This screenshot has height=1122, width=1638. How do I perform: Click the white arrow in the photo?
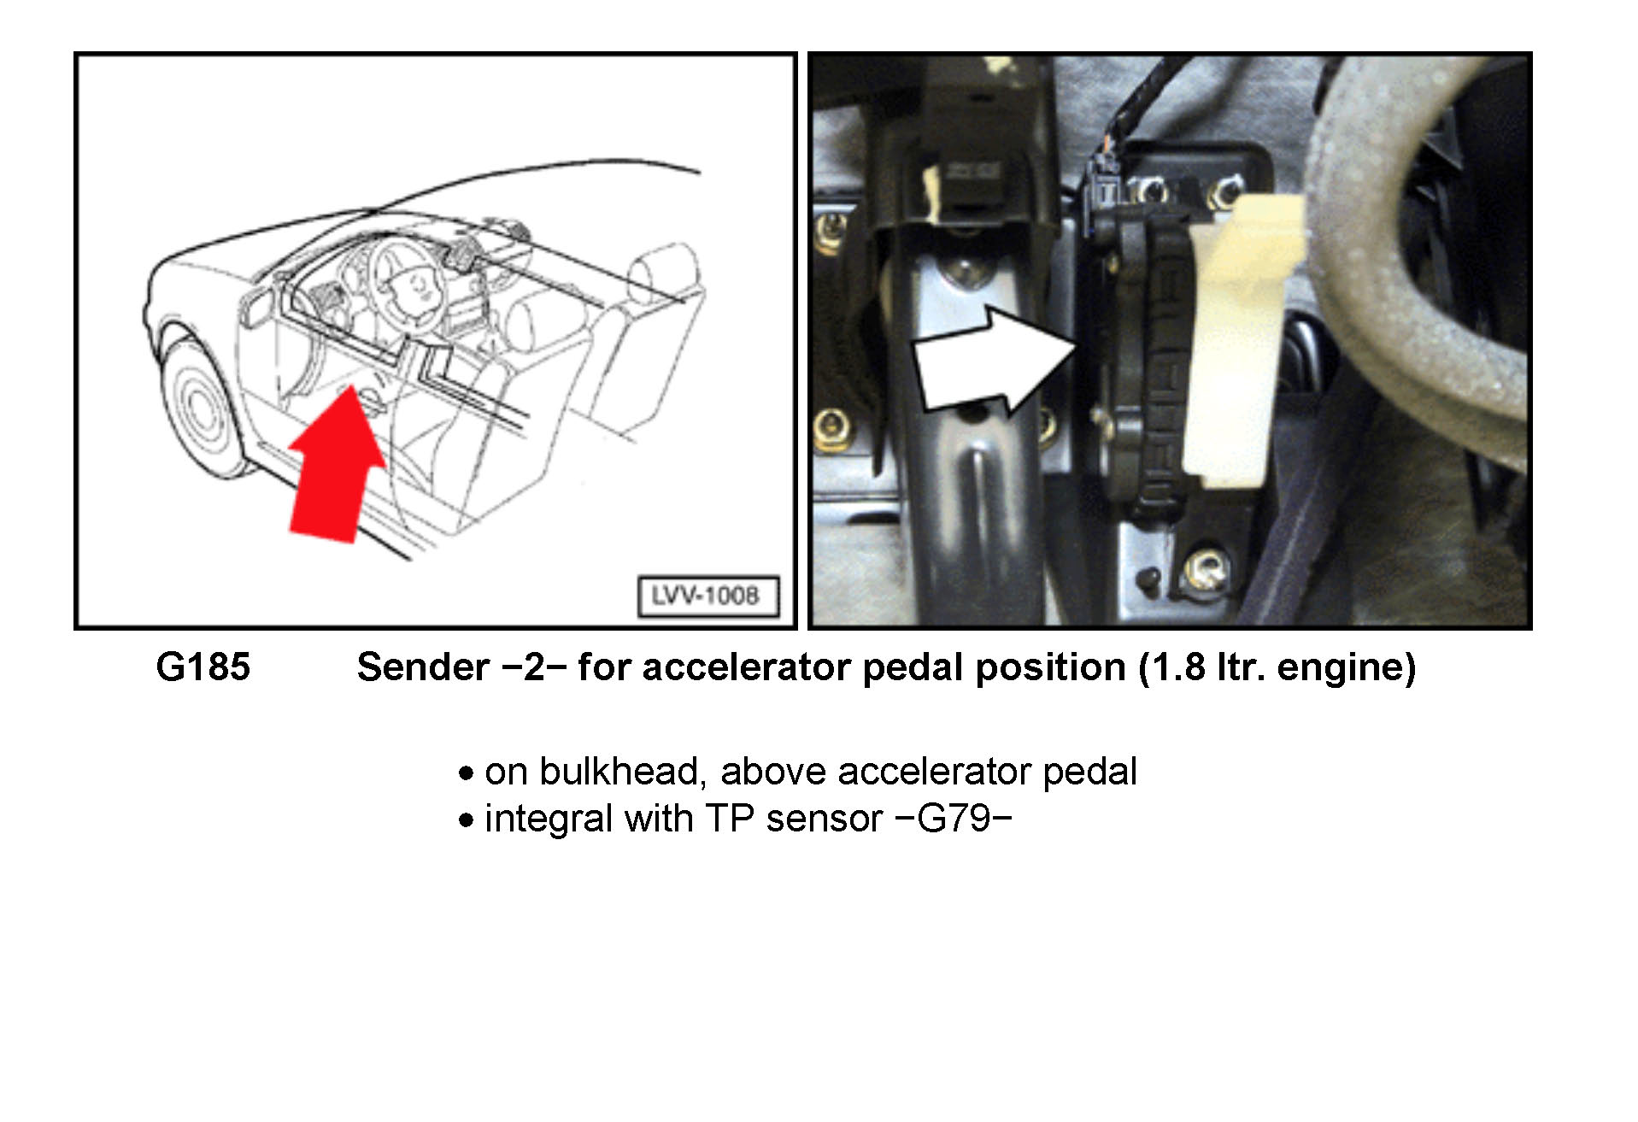991,360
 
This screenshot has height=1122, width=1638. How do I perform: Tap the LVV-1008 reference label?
707,596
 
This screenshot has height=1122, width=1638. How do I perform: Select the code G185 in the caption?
203,667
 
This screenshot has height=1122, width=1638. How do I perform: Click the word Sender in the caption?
422,667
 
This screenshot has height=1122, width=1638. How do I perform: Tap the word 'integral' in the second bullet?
547,819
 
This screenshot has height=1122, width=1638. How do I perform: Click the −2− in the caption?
535,667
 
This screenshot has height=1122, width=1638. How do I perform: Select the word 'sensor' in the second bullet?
824,819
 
